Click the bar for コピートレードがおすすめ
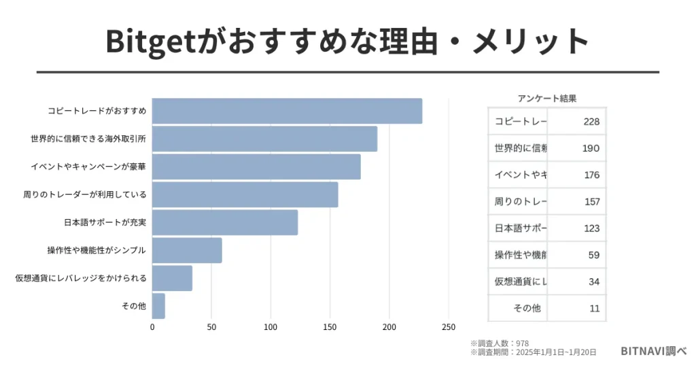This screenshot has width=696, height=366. point(287,111)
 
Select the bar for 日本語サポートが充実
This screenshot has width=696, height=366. point(225,222)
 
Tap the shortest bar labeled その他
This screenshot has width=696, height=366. point(158,306)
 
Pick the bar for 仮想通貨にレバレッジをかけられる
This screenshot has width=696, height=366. point(172,278)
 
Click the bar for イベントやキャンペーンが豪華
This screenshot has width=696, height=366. point(256,167)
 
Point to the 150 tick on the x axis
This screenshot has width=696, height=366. point(330,327)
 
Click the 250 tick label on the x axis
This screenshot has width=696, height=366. point(448,327)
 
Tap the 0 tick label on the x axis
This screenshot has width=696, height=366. point(152,327)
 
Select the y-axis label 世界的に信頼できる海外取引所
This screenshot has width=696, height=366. point(88,139)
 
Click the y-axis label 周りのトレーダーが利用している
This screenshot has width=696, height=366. point(85,195)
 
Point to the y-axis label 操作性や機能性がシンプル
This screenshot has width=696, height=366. point(97,250)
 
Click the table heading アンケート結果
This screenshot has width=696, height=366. point(546,98)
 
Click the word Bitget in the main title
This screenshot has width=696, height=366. point(150,41)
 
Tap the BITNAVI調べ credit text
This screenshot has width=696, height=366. point(653,351)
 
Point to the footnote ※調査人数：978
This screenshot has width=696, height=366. point(499,343)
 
